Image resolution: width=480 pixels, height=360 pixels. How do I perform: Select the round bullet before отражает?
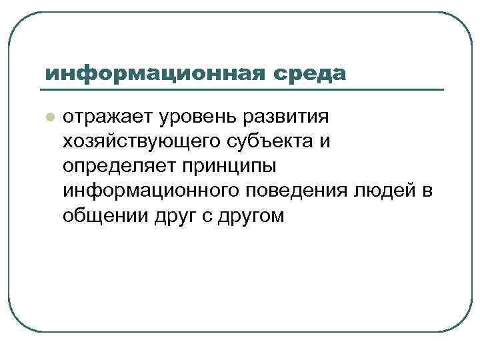tap(48, 117)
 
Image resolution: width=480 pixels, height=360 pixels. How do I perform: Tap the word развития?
tap(285, 117)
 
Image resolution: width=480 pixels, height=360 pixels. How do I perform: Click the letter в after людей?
tap(426, 191)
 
